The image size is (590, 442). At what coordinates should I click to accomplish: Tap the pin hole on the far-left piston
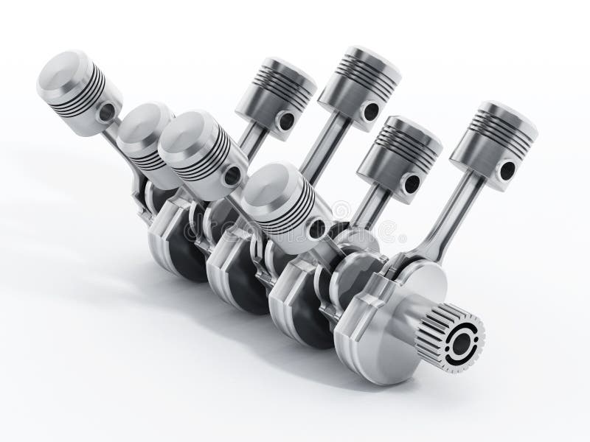coord(108,112)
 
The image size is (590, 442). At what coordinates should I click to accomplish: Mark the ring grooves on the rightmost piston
coord(492,122)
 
